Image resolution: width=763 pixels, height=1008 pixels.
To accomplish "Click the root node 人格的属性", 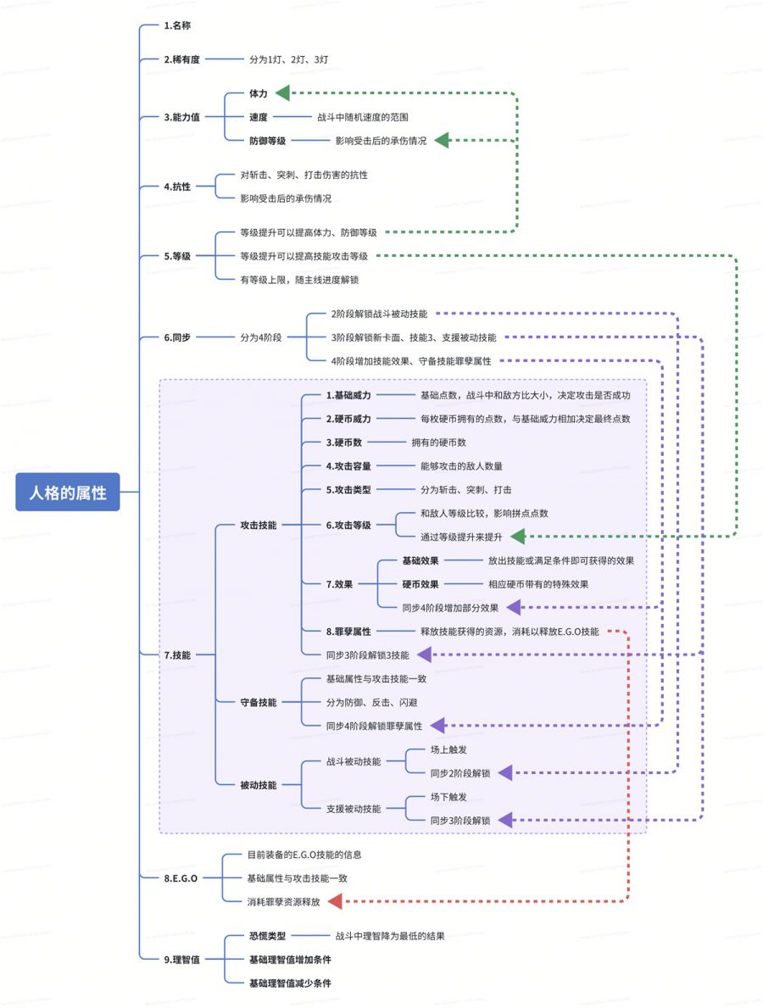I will [x=68, y=492].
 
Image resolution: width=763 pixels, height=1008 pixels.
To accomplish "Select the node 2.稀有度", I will [x=181, y=59].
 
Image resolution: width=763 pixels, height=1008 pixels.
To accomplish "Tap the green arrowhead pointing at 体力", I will [x=283, y=92].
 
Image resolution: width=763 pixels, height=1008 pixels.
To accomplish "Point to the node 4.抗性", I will [x=177, y=187].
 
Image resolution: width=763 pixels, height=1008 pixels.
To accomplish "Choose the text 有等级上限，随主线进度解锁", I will [x=305, y=279].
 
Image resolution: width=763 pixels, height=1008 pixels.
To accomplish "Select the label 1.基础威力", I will [x=348, y=395].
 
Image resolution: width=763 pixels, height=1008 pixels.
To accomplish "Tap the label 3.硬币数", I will [x=344, y=443].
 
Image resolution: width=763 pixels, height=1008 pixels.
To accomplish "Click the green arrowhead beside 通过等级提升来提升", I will [x=518, y=536].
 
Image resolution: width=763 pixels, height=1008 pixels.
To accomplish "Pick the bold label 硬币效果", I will [x=420, y=583].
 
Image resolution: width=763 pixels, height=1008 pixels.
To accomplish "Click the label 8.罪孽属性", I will [x=348, y=631].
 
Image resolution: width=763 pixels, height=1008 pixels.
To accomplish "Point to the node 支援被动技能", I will [x=353, y=809].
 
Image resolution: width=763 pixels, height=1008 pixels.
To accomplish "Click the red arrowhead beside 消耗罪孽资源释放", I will [x=334, y=901].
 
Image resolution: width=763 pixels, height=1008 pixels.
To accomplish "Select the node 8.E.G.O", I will [x=181, y=878].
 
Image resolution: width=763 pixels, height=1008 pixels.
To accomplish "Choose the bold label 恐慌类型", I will [x=267, y=936].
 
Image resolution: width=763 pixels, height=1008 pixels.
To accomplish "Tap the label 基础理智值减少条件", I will [x=289, y=983].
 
